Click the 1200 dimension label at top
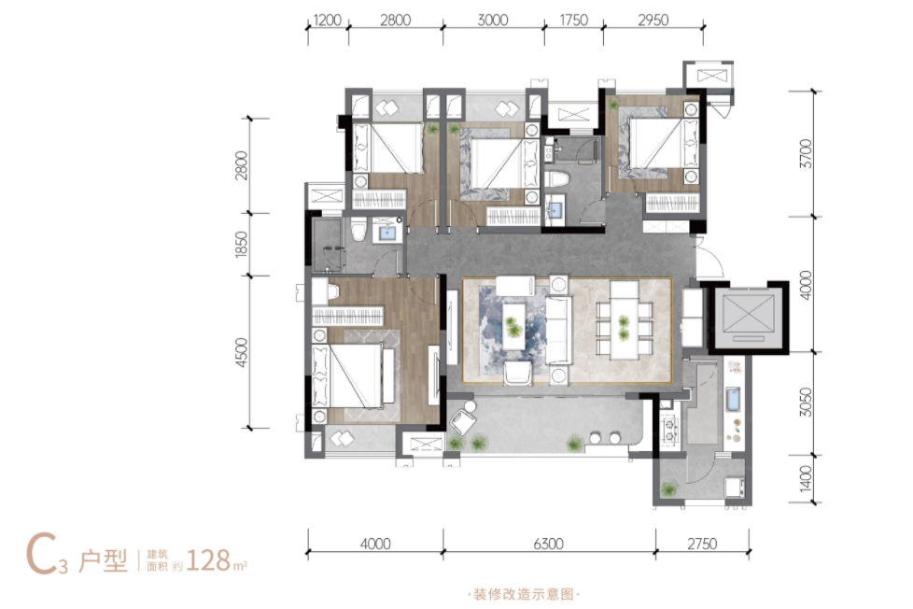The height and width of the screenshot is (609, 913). [327, 21]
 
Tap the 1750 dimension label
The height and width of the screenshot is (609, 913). [573, 21]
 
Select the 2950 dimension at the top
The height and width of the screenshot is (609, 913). [653, 21]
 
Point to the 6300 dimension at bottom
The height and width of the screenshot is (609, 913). [548, 544]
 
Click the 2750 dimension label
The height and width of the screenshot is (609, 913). [702, 544]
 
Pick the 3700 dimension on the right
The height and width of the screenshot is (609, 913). [806, 153]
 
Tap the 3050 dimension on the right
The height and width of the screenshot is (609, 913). [806, 403]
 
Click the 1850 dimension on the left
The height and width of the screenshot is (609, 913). [241, 244]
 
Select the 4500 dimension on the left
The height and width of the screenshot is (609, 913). [241, 352]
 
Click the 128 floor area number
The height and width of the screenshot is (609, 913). [208, 560]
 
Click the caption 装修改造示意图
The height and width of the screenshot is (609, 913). [524, 594]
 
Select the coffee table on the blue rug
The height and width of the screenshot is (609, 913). [513, 326]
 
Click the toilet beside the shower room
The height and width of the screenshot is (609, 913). [358, 229]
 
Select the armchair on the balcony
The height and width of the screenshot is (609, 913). [463, 418]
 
